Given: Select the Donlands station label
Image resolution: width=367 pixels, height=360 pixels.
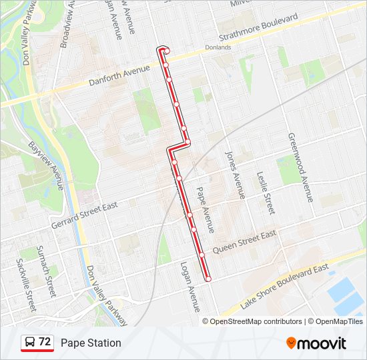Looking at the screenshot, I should click(218, 47).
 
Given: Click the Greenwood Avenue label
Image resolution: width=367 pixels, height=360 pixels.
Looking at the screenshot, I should click(300, 167).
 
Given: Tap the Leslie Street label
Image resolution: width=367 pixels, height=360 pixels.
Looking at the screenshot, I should click(266, 193).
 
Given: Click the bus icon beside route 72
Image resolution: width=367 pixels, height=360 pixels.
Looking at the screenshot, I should click(30, 342).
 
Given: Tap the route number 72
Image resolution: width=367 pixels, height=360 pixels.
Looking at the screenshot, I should click(45, 342).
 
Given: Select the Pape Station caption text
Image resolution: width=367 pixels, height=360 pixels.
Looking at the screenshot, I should click(91, 343).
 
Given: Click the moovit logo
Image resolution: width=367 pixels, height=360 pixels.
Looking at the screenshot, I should click(316, 343).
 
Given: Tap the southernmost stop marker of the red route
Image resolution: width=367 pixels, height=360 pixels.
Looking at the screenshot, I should click(208, 278).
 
